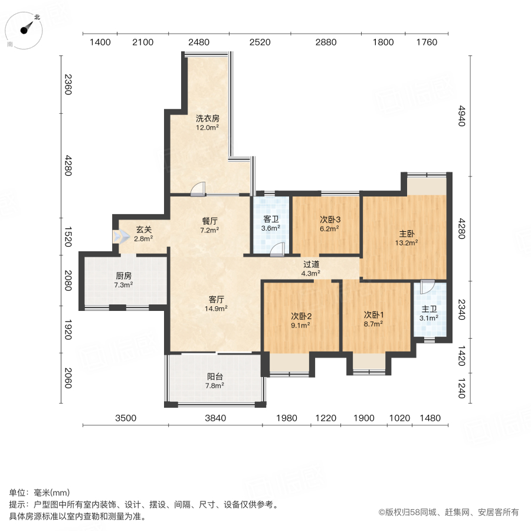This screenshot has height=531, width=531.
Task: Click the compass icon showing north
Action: (25, 30)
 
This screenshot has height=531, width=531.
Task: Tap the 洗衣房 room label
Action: (208, 122)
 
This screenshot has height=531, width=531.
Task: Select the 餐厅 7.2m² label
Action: (210, 225)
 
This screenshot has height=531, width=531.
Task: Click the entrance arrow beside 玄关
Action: (122, 237)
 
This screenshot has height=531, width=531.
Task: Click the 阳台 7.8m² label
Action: (215, 381)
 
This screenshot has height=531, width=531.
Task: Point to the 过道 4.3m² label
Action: (311, 269)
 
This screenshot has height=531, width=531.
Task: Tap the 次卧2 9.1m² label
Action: (301, 319)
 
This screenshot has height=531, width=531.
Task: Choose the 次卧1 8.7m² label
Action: (373, 319)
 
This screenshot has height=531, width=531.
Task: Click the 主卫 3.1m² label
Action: (429, 313)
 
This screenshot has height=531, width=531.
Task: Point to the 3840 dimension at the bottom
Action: (215, 418)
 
